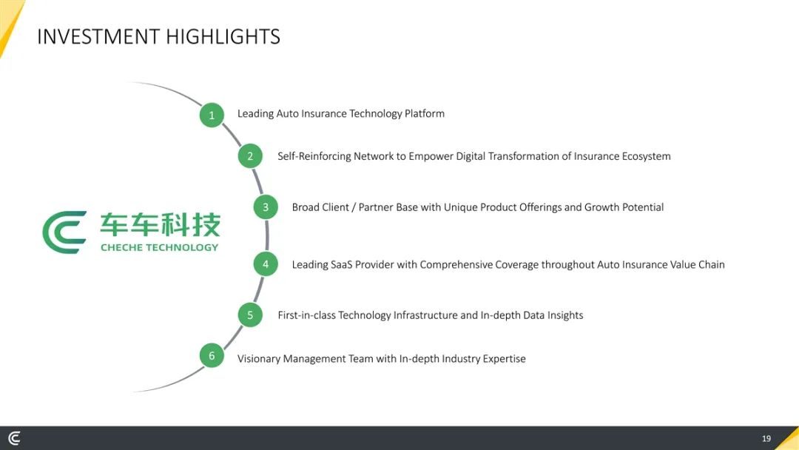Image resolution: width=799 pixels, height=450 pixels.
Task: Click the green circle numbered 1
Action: coord(212,115)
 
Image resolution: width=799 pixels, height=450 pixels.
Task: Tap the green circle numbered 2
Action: coord(250,156)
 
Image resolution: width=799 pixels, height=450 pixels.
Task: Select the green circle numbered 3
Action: coord(266,207)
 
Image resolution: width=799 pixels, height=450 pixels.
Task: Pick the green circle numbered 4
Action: coord(266,264)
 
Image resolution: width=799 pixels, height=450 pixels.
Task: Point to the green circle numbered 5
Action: coord(250,315)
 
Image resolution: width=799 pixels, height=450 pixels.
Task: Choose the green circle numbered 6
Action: coord(212,356)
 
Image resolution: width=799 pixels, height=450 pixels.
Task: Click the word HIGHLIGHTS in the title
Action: coord(223,37)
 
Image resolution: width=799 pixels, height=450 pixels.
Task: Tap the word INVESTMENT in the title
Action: coord(99,37)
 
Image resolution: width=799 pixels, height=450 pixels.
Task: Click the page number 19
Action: coord(766,438)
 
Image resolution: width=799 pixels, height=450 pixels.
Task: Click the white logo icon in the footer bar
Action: coord(14,437)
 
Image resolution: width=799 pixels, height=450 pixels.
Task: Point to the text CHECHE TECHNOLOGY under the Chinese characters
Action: coord(160,248)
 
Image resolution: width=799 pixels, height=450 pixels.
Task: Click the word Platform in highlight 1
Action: coord(425,114)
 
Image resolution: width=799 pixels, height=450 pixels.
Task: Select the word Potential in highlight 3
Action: coord(642,207)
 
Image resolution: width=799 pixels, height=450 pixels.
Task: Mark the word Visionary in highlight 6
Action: coord(258,359)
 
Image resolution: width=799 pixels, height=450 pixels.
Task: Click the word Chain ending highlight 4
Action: coord(712,264)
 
